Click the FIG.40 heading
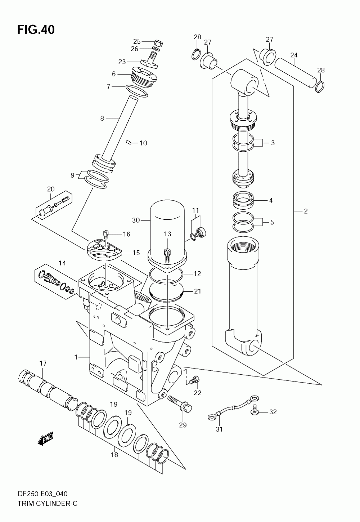point(36,30)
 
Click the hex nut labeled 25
point(158,43)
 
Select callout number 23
point(122,62)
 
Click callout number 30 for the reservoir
point(136,220)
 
